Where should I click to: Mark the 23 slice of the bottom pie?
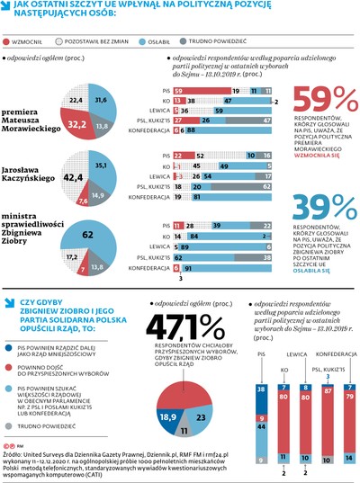201,393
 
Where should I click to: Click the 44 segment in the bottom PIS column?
261,400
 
